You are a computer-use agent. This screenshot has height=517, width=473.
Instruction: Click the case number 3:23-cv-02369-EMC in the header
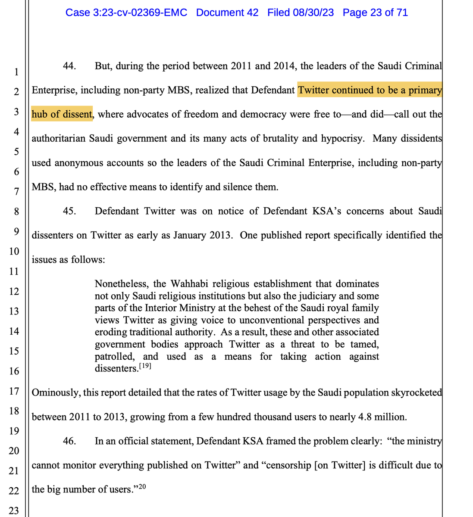tap(126, 12)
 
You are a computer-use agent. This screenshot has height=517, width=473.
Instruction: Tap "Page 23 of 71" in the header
tap(375, 12)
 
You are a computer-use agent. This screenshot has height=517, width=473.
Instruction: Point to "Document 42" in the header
tap(227, 12)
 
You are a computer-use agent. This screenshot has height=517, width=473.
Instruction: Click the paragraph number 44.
tap(70, 67)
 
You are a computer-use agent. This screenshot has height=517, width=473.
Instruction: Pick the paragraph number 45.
tap(70, 212)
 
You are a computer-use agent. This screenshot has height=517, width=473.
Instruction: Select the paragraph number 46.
tap(70, 441)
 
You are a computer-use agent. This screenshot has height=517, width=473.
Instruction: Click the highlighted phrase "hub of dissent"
tap(62, 115)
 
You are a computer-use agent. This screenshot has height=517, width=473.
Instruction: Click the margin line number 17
tap(14, 391)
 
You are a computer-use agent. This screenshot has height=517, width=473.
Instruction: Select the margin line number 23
tap(14, 511)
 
